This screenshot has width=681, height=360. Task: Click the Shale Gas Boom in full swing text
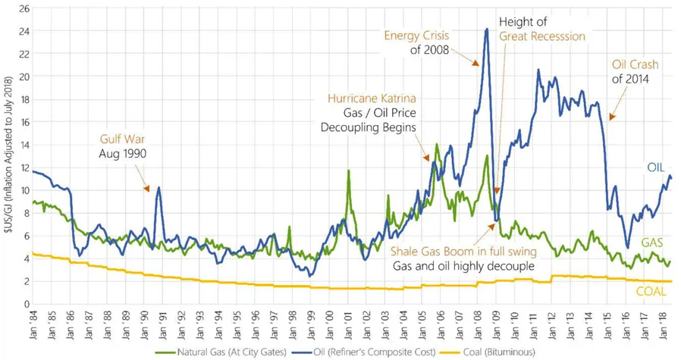463,251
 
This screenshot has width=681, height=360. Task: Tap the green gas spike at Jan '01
348,171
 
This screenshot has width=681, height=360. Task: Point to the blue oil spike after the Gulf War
158,187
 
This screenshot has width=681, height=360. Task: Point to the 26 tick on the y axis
24,8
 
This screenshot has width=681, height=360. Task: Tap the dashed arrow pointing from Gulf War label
144,177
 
